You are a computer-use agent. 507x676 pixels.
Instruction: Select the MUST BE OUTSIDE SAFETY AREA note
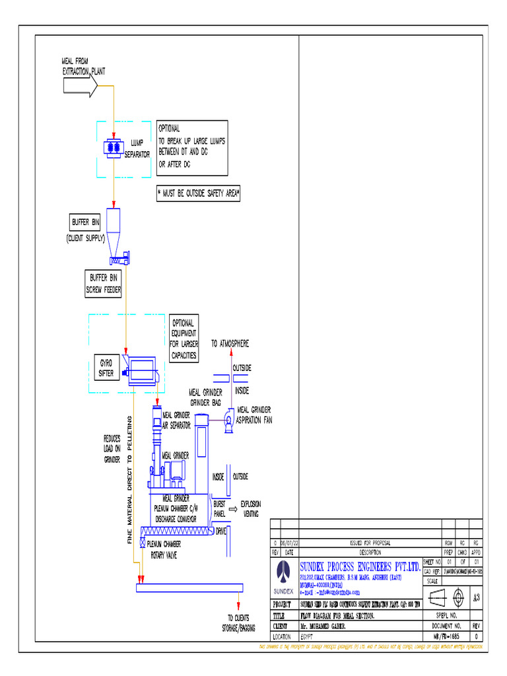click(x=199, y=194)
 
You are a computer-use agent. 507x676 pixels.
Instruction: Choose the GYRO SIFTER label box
click(x=106, y=368)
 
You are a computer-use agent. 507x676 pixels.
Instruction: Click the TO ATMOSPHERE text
click(x=230, y=344)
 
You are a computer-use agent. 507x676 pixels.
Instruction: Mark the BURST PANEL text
click(x=220, y=508)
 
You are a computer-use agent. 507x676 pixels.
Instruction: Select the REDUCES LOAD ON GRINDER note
click(x=112, y=448)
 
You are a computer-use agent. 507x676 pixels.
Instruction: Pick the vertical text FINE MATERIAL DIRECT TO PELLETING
click(x=130, y=481)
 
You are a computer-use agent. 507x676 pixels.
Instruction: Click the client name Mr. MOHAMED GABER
click(x=327, y=626)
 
